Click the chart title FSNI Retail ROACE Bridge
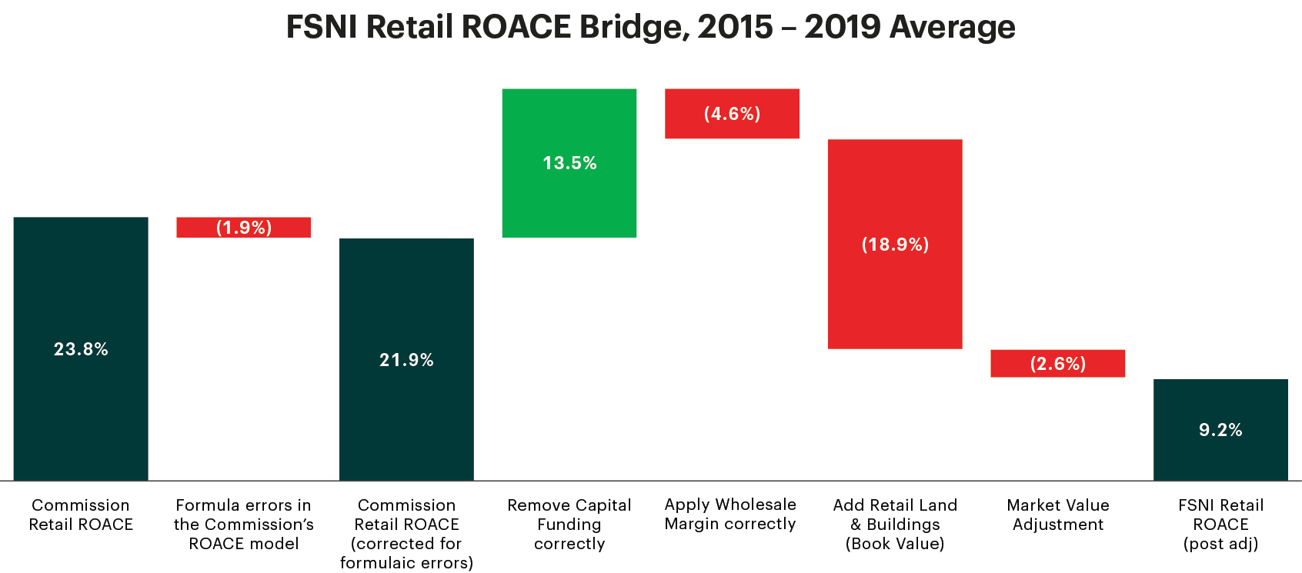tap(650, 27)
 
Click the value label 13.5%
tap(569, 163)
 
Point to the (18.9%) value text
tap(895, 245)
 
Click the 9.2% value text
tap(1220, 430)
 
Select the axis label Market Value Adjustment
tap(1058, 515)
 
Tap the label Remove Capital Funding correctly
tap(569, 524)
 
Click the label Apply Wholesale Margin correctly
tap(730, 514)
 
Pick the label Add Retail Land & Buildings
tap(895, 524)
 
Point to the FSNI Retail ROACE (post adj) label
tap(1220, 524)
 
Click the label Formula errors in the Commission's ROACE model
tap(244, 524)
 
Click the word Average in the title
tap(953, 27)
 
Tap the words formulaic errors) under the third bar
tap(406, 563)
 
